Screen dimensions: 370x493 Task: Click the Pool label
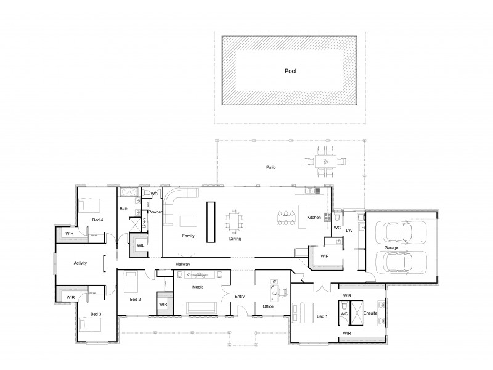pyautogui.click(x=290, y=71)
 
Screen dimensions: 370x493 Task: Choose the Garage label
pyautogui.click(x=390, y=247)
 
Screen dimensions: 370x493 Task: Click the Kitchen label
pyautogui.click(x=314, y=218)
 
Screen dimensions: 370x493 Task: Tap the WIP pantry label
pyautogui.click(x=325, y=256)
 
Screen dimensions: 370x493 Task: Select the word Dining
pyautogui.click(x=235, y=238)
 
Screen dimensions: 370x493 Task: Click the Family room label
pyautogui.click(x=188, y=236)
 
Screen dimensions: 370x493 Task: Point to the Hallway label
pyautogui.click(x=183, y=264)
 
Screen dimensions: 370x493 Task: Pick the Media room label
pyautogui.click(x=198, y=287)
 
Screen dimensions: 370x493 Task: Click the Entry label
pyautogui.click(x=240, y=296)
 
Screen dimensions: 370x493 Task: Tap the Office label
pyautogui.click(x=267, y=306)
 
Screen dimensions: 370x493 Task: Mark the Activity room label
pyautogui.click(x=79, y=263)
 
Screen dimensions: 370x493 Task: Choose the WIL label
pyautogui.click(x=141, y=245)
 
